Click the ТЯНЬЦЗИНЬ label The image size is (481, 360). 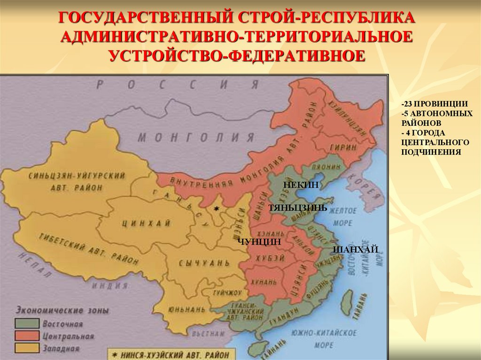pyautogui.click(x=297, y=207)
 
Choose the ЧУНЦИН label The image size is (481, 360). pyautogui.click(x=259, y=241)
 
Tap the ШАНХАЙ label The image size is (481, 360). pyautogui.click(x=356, y=250)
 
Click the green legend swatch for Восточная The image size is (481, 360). pyautogui.click(x=26, y=324)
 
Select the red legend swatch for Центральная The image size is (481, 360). pyautogui.click(x=26, y=336)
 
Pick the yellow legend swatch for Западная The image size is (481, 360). pyautogui.click(x=26, y=348)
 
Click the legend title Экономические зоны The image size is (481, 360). pyautogui.click(x=62, y=310)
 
